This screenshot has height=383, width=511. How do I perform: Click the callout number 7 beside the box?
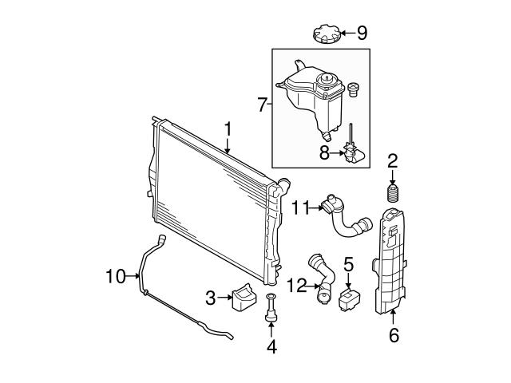click(261, 105)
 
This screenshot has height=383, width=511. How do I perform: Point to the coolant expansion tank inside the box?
click(307, 97)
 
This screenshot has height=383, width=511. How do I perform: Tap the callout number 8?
click(324, 151)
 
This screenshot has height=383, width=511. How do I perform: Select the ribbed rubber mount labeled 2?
click(392, 195)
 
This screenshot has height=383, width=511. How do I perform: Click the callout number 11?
click(300, 207)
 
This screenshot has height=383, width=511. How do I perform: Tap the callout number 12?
click(295, 284)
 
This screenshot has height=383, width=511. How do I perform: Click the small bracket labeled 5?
click(350, 300)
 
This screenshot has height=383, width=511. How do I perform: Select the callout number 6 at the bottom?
click(393, 336)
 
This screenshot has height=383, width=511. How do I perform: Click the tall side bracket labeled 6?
click(393, 263)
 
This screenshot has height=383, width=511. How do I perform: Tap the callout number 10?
click(116, 277)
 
